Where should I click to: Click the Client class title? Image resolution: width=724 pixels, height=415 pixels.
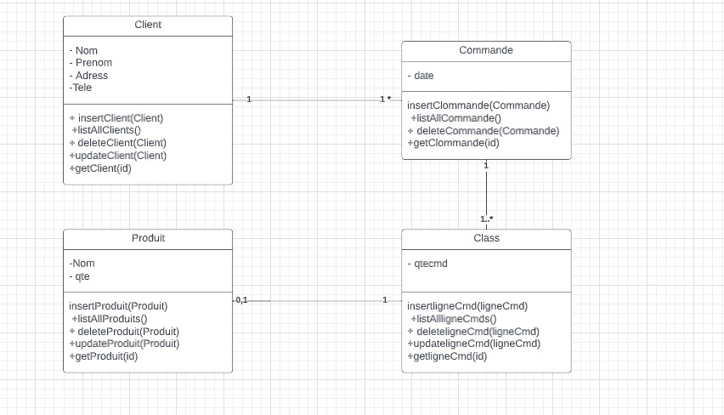coord(148,25)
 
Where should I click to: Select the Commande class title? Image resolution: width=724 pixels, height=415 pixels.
coord(486,50)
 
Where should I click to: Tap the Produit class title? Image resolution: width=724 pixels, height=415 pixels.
coord(148,238)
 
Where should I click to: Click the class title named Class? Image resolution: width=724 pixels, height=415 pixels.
coord(486,238)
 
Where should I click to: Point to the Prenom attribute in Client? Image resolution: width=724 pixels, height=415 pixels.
coord(92,63)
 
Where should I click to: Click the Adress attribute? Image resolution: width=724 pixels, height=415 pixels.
coord(90,76)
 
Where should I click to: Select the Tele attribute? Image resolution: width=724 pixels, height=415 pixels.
coord(82,88)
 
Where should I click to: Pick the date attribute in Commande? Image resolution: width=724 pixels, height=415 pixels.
coord(421,76)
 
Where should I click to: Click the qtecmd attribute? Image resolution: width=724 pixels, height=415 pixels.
coord(428,264)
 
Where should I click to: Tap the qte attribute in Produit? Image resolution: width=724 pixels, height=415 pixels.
coord(80,276)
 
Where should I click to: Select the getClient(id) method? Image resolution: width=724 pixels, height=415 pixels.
coord(100,168)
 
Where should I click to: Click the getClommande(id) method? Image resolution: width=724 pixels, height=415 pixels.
coord(454,143)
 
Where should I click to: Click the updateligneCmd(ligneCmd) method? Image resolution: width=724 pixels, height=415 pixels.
coord(474,344)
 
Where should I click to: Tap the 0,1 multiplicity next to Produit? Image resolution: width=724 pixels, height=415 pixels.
coord(241,300)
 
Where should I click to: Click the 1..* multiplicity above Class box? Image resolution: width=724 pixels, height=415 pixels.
coord(487,219)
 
